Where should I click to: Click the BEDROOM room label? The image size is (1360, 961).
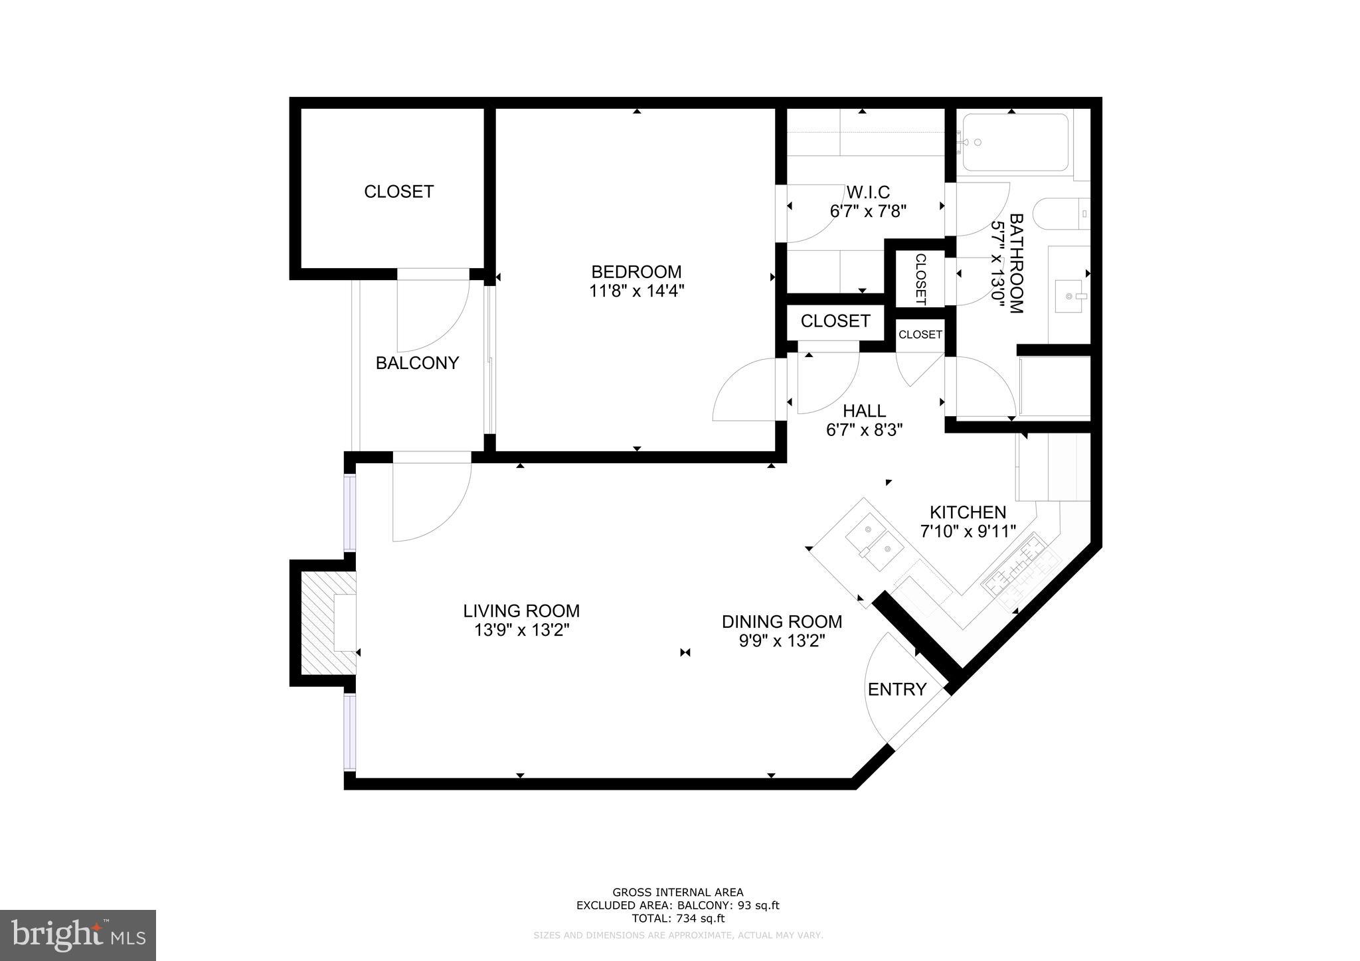click(636, 271)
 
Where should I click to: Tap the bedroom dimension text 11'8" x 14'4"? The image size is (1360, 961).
click(636, 291)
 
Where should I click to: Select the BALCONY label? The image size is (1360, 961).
click(417, 363)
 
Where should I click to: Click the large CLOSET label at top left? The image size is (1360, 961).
click(398, 192)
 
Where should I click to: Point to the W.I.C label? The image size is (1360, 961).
click(868, 192)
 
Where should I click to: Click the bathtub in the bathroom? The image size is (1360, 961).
click(1015, 142)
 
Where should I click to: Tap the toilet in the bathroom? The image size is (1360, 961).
click(1062, 214)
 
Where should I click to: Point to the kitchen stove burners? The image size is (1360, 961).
click(1017, 568)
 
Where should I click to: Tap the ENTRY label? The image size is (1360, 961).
click(896, 690)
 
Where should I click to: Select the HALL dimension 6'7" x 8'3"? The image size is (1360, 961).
click(864, 431)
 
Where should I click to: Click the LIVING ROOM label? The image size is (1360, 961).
click(521, 611)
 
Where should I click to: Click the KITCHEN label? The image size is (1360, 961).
click(968, 512)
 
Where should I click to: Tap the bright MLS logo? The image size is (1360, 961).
click(78, 936)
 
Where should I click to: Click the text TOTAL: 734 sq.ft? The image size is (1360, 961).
click(677, 919)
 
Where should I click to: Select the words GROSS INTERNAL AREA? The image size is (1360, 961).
click(677, 893)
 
